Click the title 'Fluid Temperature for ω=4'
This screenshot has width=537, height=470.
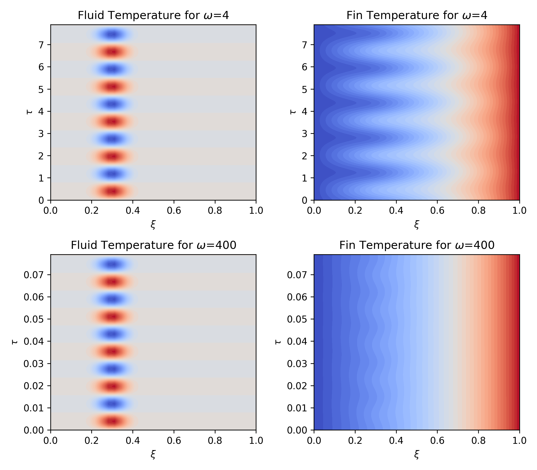pos(153,15)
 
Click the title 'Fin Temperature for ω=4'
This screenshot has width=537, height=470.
pos(417,15)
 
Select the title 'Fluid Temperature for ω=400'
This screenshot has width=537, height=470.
pos(153,245)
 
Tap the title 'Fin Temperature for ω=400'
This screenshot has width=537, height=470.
pos(417,245)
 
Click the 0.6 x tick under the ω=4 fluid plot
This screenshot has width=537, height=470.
pos(174,211)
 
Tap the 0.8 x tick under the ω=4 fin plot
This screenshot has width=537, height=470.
pos(479,211)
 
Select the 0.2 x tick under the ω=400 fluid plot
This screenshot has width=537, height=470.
pos(92,441)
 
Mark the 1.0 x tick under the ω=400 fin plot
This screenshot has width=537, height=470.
pos(519,441)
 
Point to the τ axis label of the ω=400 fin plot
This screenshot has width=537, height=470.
pos(278,342)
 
